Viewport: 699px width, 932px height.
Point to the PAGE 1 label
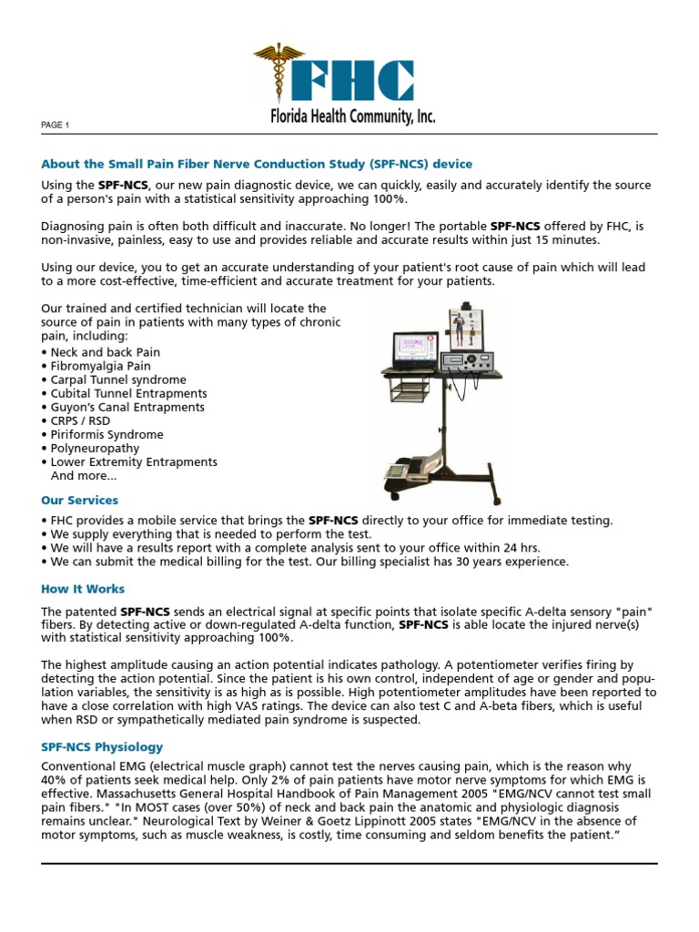tap(56, 125)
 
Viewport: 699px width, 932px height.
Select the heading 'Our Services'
tap(79, 501)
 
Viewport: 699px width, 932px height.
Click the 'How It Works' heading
tap(83, 589)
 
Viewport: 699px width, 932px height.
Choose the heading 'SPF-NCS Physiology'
tap(102, 747)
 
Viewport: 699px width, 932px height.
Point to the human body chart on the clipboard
tap(466, 329)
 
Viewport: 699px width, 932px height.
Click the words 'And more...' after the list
tap(84, 475)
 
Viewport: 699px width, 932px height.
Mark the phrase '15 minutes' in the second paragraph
tap(572, 239)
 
